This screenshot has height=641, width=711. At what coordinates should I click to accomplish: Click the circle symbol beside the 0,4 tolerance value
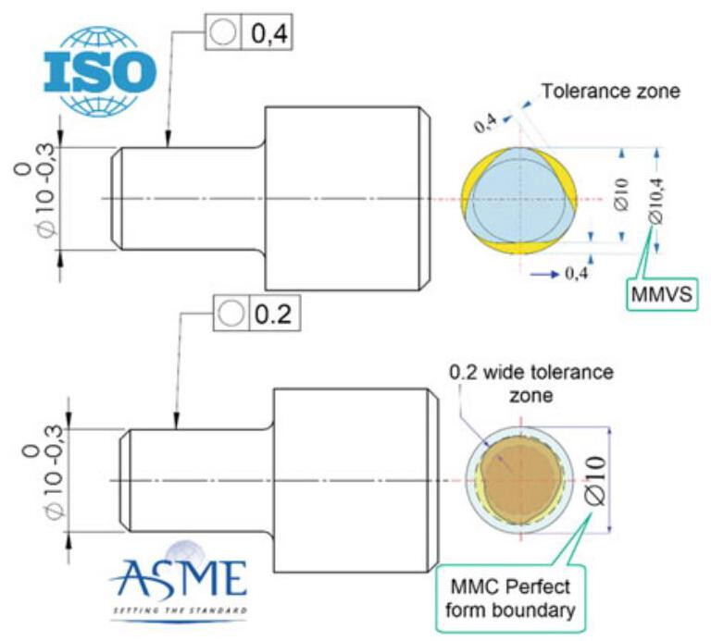point(222,35)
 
